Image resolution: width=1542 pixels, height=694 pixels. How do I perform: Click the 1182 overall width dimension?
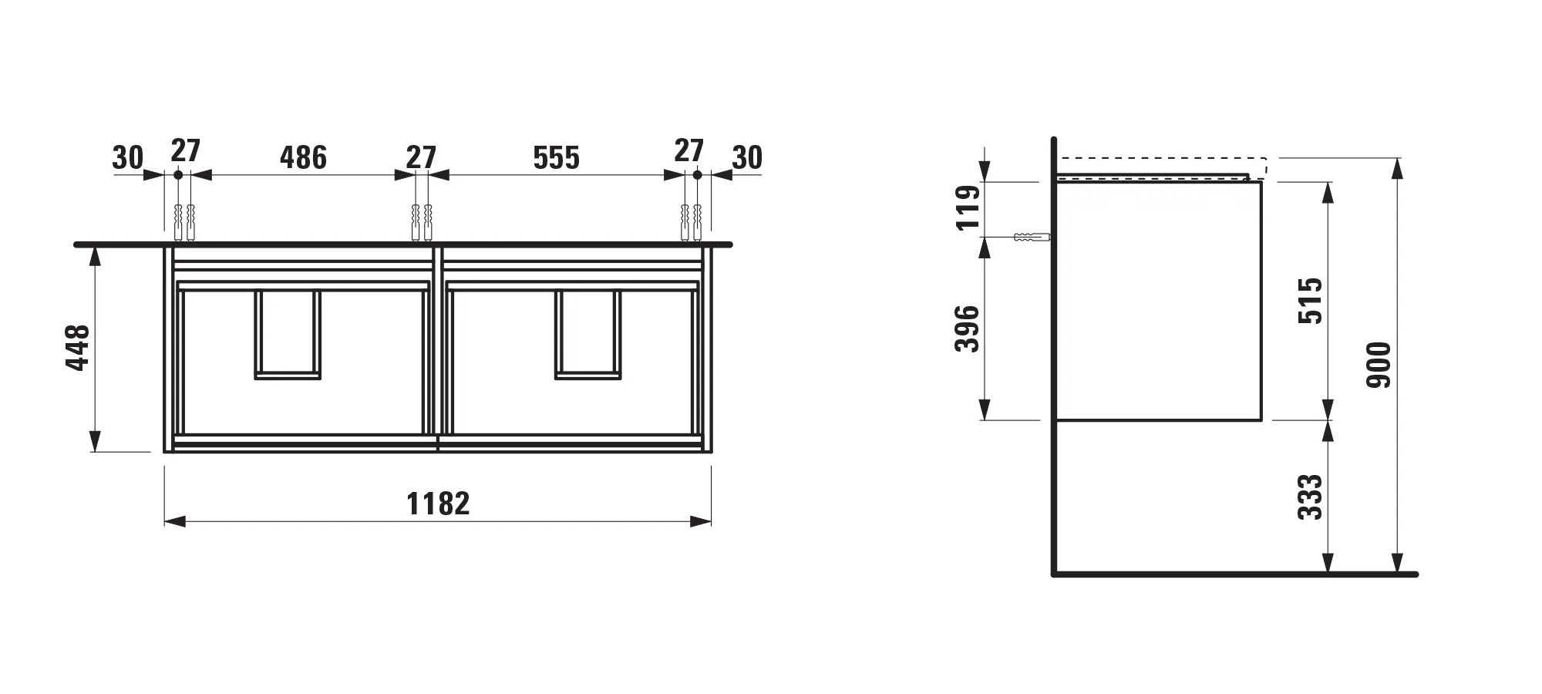[438, 504]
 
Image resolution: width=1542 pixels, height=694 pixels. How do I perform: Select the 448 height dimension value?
[78, 348]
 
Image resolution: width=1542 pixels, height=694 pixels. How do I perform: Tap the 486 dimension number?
[303, 157]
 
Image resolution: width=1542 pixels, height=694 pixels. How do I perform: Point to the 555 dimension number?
[556, 158]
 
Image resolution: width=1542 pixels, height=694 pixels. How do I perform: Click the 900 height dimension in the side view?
[1379, 365]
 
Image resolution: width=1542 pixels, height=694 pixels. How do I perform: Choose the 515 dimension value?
[1310, 301]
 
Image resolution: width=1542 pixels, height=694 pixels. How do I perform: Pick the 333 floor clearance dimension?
[1310, 497]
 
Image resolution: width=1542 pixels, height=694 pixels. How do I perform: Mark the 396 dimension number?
[967, 329]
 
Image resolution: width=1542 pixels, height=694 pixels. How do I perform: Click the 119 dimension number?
[968, 207]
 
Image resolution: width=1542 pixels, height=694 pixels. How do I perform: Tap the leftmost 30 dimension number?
[127, 158]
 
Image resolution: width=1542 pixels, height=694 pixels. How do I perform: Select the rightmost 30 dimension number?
[746, 158]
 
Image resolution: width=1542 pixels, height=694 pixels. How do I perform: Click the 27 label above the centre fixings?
[421, 157]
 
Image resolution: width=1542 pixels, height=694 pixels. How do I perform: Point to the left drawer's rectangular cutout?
[288, 335]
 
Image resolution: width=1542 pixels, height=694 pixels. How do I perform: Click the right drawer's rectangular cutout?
[588, 335]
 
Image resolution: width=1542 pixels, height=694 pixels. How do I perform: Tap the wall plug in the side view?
[1032, 237]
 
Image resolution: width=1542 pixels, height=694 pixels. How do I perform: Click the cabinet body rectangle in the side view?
[1158, 301]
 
